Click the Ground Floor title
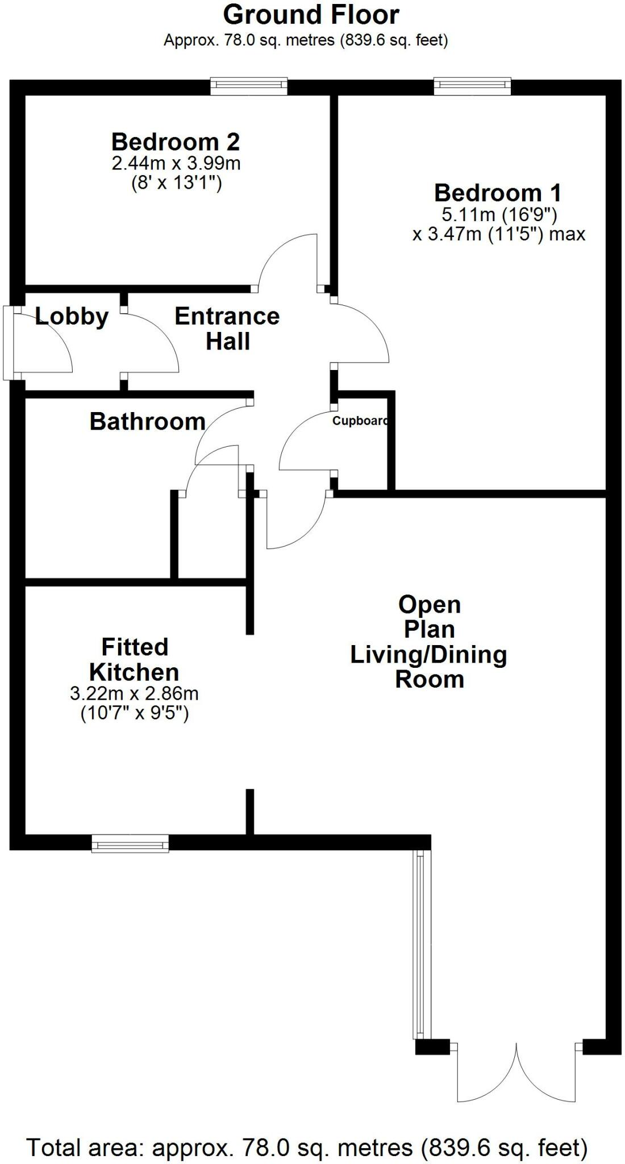(x=311, y=15)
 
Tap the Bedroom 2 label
(x=176, y=142)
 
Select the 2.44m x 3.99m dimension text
(x=176, y=164)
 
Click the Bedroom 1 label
(x=498, y=193)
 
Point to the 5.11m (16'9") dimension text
(x=499, y=215)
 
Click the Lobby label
(x=72, y=317)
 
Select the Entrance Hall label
(x=227, y=329)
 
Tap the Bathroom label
(x=148, y=422)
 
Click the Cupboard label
(x=360, y=421)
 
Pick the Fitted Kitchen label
(x=135, y=660)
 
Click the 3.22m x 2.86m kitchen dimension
(x=134, y=693)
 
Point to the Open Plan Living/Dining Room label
(x=429, y=642)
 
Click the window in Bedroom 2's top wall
(x=248, y=86)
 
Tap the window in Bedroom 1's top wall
(x=472, y=86)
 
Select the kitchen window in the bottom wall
(x=130, y=843)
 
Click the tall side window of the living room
(x=419, y=944)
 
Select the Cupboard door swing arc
(x=304, y=440)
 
